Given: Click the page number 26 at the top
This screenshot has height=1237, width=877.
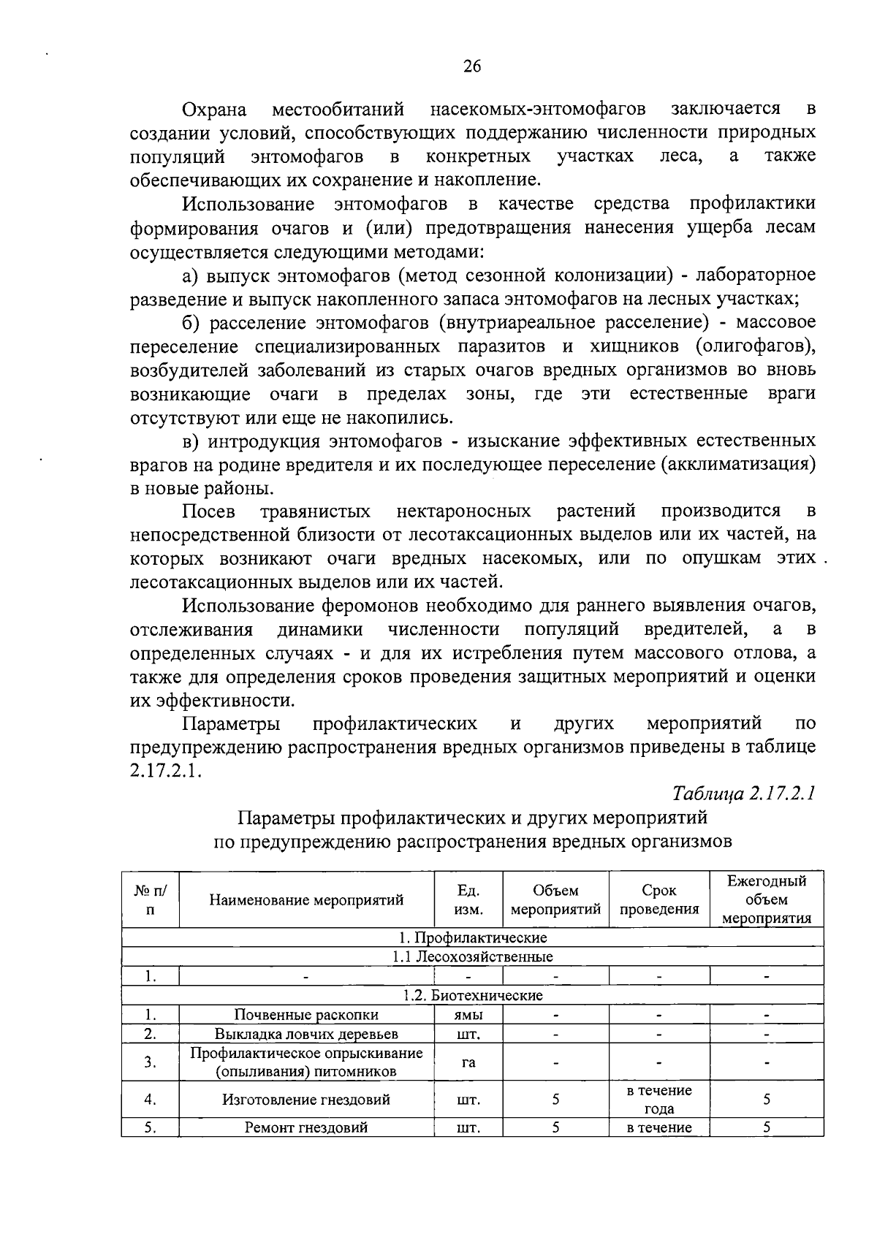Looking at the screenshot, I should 472,66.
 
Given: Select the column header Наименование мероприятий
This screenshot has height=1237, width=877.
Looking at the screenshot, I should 306,900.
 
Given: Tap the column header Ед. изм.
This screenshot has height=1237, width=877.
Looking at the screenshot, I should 468,900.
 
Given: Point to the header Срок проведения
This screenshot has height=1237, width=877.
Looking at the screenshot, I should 658,900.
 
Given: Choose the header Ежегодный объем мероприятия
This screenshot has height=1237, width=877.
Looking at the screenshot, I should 766,899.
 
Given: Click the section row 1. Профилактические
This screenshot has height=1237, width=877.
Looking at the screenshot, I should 473,937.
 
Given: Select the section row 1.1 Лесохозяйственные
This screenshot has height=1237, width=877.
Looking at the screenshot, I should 473,956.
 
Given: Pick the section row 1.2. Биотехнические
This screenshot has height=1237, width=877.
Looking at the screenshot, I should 473,995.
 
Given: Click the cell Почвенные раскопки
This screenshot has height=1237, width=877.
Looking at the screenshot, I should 306,1015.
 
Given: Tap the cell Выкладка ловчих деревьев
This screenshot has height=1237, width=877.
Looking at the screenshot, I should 306,1034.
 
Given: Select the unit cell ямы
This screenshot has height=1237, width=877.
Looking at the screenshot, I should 468,1015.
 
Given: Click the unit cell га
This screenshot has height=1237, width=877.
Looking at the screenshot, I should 468,1062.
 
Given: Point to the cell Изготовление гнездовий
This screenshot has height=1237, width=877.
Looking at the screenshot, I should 306,1100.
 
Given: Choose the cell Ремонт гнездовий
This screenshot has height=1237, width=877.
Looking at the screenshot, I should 306,1127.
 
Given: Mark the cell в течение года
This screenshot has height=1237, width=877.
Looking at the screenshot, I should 658,1100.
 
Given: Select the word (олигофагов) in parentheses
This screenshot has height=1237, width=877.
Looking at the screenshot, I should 756,346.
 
